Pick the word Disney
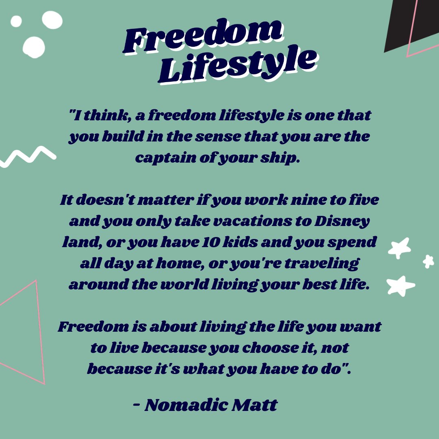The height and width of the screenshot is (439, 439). (x=348, y=222)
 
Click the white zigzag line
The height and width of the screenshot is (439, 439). (x=27, y=156)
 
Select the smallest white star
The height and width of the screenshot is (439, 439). (x=428, y=261)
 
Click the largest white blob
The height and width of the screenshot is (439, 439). (x=34, y=47)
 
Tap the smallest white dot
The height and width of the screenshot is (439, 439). (x=16, y=21)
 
